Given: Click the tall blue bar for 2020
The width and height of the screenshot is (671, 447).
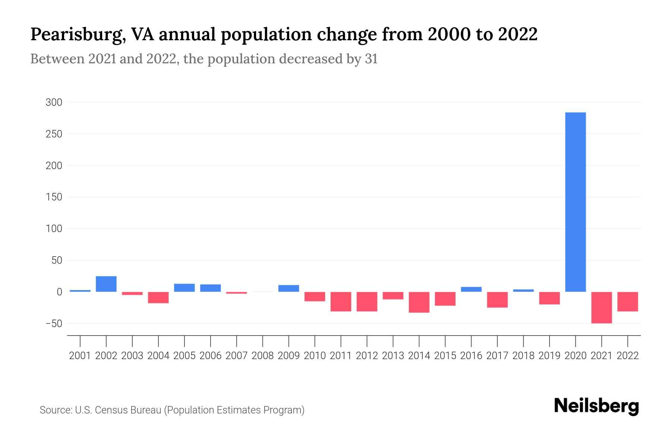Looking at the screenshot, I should coord(575,202).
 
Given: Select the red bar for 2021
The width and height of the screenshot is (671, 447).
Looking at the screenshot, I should coord(601,307).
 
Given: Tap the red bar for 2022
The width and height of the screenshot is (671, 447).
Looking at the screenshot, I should coord(627,301).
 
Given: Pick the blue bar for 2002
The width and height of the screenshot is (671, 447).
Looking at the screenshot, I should coord(106,284).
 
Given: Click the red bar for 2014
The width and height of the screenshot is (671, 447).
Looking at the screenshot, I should coord(419,302).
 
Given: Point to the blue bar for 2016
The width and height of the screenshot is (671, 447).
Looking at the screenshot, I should coord(471,289).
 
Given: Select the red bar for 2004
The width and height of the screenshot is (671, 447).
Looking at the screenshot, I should coord(158,297).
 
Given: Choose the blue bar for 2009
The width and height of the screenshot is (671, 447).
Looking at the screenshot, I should coord(289,288).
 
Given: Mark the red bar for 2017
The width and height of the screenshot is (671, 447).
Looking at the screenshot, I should coord(497,299).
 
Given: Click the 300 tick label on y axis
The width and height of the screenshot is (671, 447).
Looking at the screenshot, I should coord(54,102).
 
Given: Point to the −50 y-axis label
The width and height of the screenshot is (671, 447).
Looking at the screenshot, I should coord(54,323).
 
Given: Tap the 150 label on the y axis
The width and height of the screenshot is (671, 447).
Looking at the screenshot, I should coord(54,197).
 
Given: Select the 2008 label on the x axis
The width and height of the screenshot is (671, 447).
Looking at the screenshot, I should coord(262,356).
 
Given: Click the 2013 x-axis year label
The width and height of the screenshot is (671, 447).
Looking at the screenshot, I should coord(393,356).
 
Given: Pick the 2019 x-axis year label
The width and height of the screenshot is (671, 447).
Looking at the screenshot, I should coord(549,356).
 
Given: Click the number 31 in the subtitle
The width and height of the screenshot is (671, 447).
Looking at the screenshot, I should coord(371,59).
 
